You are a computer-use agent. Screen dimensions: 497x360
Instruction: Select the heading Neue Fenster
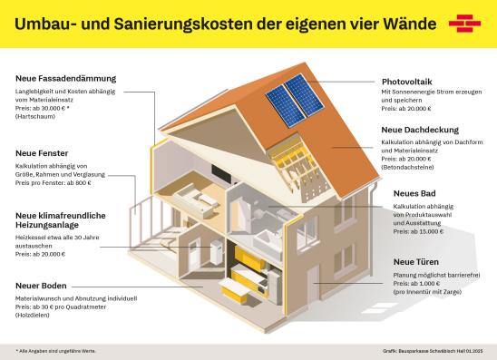click(41, 153)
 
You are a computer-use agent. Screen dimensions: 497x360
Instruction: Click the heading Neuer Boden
click(40, 286)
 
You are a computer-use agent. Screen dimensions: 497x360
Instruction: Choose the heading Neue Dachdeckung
click(417, 129)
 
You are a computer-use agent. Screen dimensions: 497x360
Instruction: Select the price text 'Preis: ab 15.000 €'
click(418, 230)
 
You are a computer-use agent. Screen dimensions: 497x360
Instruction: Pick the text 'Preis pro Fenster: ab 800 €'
click(54, 183)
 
